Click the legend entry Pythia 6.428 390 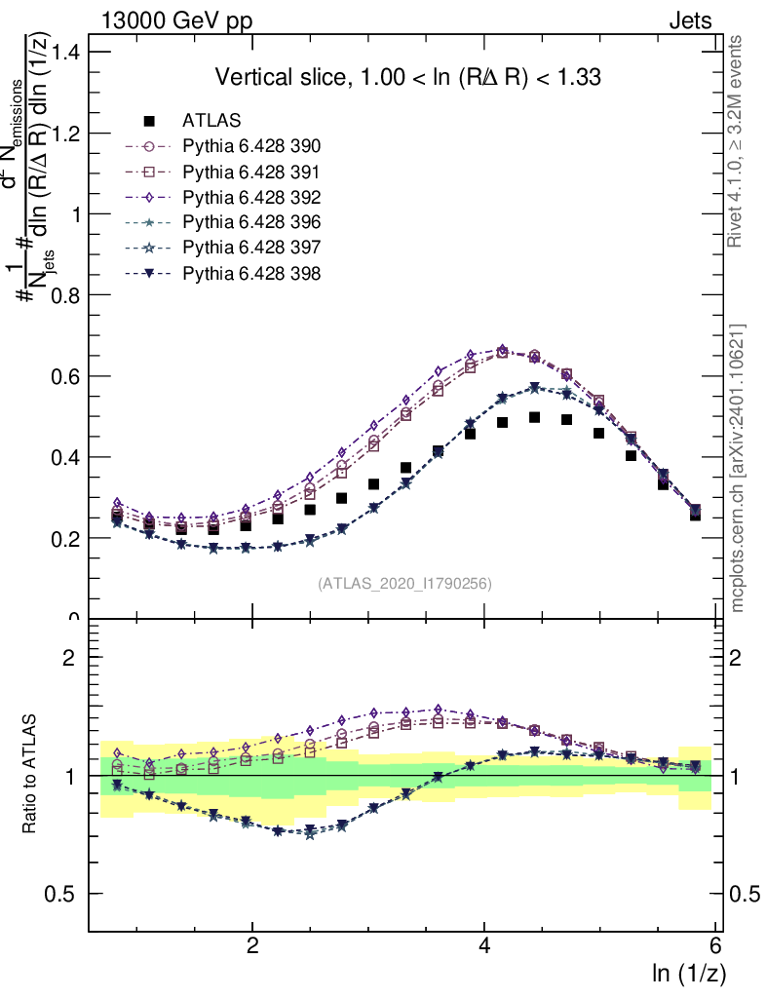(251, 146)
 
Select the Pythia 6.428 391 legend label (251, 172)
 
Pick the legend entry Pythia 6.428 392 (251, 197)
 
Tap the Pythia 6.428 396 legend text (251, 222)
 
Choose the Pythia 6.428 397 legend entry (251, 248)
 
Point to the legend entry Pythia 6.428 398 (251, 273)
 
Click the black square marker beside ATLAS (149, 122)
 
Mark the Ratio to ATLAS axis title (30, 775)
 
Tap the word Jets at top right (689, 20)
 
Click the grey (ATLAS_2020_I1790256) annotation (403, 584)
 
